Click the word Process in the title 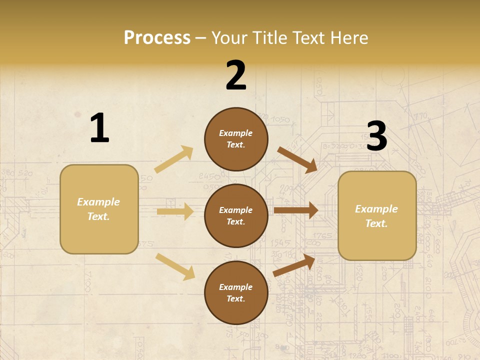(x=157, y=38)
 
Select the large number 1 (x=99, y=128)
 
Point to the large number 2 (x=236, y=75)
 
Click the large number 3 (x=376, y=136)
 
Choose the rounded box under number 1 (x=99, y=209)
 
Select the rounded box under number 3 (x=377, y=216)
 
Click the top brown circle (x=236, y=139)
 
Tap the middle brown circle (x=236, y=216)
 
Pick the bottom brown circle (x=236, y=293)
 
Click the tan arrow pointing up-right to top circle (x=174, y=159)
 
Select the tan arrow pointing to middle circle (x=175, y=211)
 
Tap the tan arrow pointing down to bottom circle (x=175, y=266)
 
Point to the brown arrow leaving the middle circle (x=295, y=210)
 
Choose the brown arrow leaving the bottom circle (x=294, y=265)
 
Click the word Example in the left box (x=98, y=202)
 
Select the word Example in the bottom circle (x=235, y=287)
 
